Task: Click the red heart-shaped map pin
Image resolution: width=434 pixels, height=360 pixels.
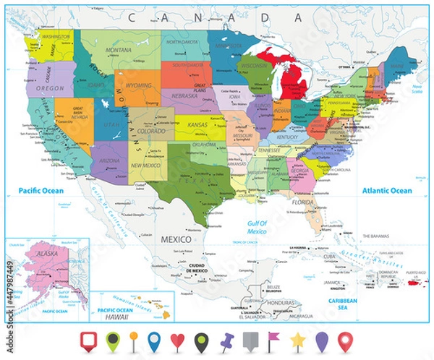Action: (176, 339)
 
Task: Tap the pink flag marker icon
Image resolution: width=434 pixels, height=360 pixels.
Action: (274, 338)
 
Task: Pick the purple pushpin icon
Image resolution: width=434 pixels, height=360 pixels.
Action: (224, 338)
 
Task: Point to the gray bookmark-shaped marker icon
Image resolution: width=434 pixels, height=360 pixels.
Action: (250, 339)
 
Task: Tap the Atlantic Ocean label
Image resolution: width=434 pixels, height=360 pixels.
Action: (387, 191)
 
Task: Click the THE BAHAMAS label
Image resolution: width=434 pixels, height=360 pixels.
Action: (375, 236)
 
